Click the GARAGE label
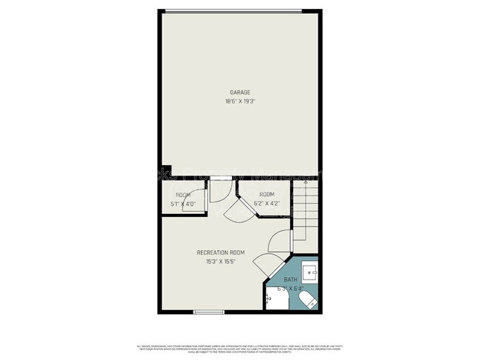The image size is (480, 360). (x=239, y=92)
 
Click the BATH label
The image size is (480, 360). (x=291, y=280)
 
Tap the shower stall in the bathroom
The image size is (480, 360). (x=275, y=300)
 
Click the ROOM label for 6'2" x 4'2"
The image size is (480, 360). (x=267, y=194)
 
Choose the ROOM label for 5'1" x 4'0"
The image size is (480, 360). (x=183, y=195)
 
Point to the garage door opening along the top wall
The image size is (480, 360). (x=233, y=10)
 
